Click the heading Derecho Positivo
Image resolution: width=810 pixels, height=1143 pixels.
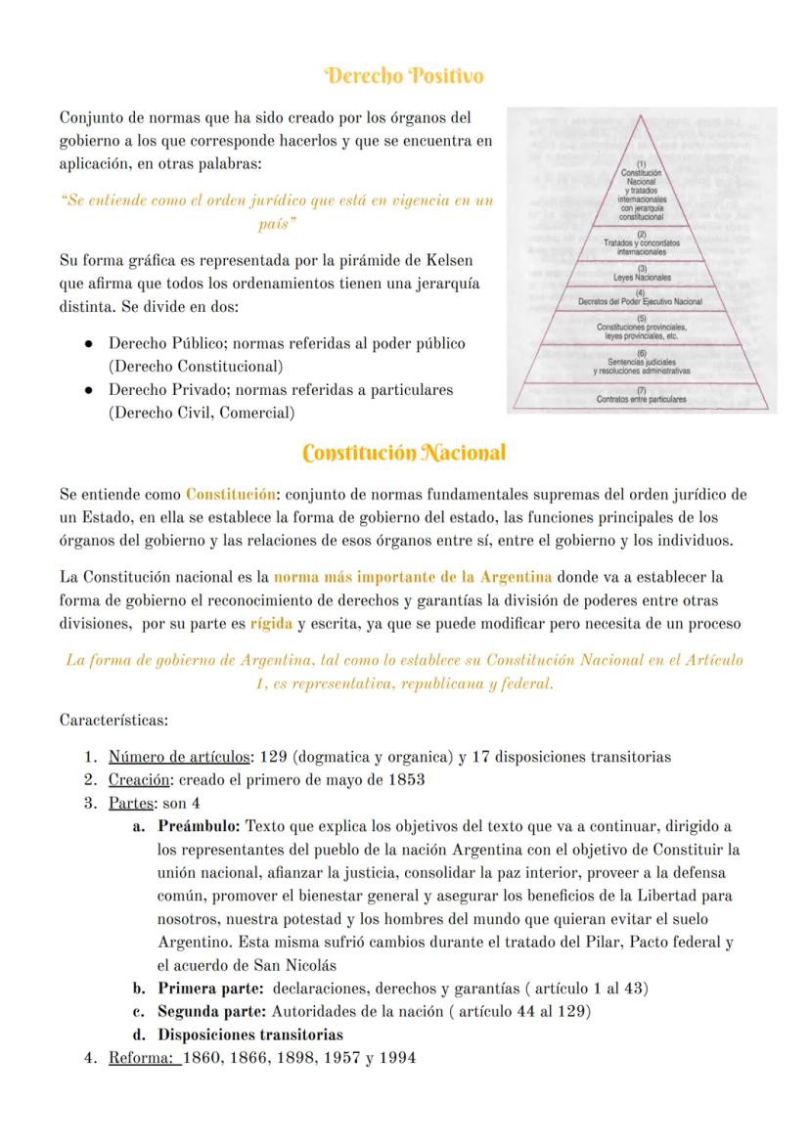click(x=404, y=75)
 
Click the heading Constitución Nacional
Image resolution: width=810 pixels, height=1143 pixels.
click(x=404, y=453)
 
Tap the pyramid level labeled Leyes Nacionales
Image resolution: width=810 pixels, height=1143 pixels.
click(x=642, y=274)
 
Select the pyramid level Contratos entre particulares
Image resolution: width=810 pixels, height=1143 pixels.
click(x=642, y=398)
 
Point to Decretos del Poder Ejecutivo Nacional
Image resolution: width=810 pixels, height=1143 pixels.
click(x=642, y=300)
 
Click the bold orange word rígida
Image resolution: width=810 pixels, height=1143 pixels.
click(x=271, y=623)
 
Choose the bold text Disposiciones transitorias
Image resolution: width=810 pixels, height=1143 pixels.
click(x=250, y=1034)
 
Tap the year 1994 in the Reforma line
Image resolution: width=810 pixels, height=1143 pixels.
click(x=397, y=1057)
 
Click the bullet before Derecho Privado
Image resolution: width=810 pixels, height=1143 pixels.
click(x=89, y=390)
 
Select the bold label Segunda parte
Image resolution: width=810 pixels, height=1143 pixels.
click(x=211, y=1011)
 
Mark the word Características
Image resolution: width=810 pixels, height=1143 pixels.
click(x=113, y=721)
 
